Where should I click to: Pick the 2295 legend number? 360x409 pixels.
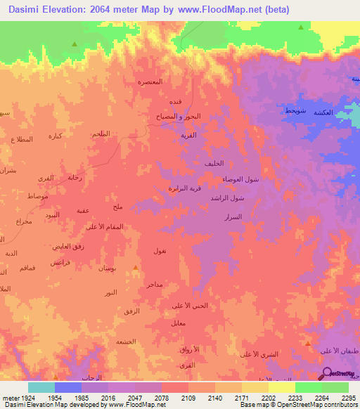point(349,397)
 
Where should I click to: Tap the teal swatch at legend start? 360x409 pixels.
point(41,387)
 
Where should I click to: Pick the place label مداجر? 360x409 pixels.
point(155,284)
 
